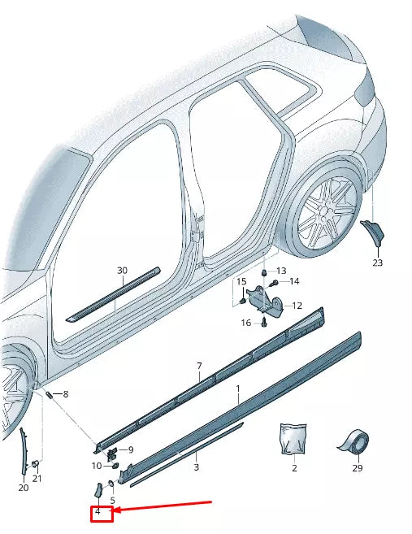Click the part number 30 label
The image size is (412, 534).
tap(122, 271)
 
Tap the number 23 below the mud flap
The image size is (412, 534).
tap(377, 263)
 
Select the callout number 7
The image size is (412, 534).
tap(199, 367)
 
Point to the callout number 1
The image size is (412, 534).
tap(238, 390)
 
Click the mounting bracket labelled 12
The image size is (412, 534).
tap(265, 300)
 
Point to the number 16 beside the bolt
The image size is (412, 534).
tap(246, 323)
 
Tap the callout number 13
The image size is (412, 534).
tap(281, 271)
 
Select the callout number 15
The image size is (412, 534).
tap(241, 281)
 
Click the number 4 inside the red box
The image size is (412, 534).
tap(98, 512)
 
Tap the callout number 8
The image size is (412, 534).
tap(66, 394)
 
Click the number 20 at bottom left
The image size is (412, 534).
tap(23, 488)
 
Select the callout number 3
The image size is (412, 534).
tap(196, 468)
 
